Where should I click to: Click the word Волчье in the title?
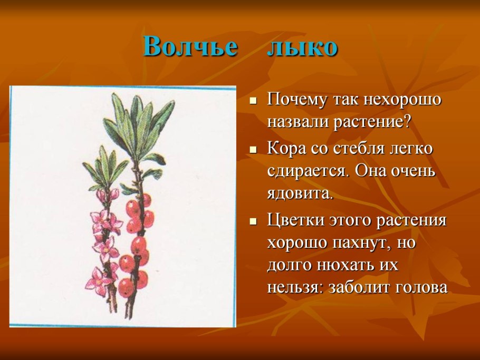tap(190, 47)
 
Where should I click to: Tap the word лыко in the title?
tap(302, 47)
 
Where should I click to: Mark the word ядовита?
tap(300, 193)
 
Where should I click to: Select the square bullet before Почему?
tap(254, 100)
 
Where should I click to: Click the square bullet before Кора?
tap(254, 149)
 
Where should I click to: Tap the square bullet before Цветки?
tap(254, 220)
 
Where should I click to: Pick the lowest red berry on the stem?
tap(126, 288)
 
